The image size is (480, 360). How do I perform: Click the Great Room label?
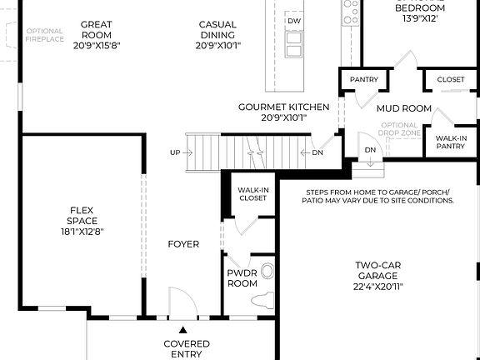point(97,30)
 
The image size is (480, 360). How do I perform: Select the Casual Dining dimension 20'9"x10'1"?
point(217,47)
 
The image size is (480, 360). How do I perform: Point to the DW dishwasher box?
point(293,20)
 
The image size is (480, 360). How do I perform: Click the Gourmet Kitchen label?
point(283,107)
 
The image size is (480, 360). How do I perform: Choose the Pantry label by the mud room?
point(364,80)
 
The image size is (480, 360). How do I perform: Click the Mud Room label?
point(404,108)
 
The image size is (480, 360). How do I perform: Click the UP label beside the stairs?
point(175,152)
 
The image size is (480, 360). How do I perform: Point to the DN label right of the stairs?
point(317,152)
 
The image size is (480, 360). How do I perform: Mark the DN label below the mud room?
point(371,150)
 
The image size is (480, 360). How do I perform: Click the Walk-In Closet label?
point(253,194)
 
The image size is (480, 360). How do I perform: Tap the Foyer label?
point(183,244)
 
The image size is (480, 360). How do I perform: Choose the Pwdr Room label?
point(242,278)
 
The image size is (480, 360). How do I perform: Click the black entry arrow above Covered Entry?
point(183,331)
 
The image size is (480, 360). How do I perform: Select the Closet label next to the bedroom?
point(451,80)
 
